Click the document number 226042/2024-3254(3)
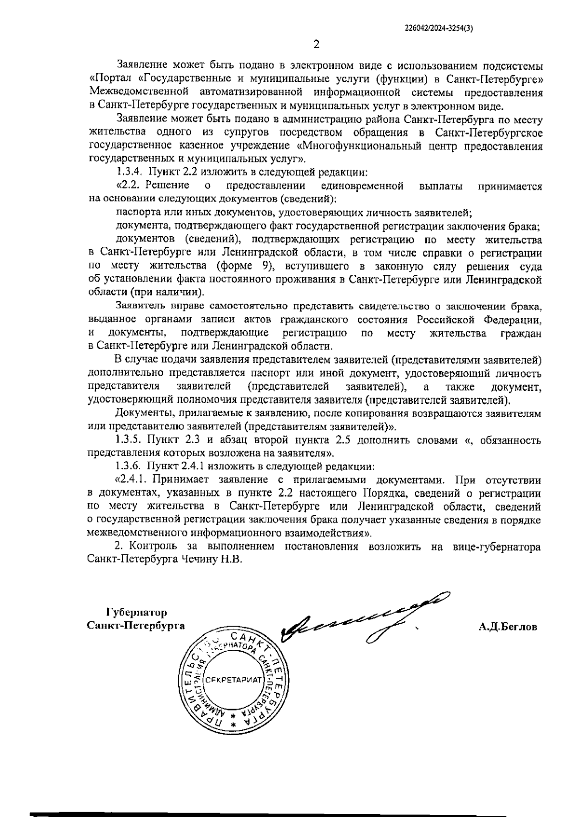[x=438, y=28]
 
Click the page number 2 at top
[x=316, y=45]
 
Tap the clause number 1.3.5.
[x=130, y=440]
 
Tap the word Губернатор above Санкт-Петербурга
[x=137, y=613]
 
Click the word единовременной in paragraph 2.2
[x=361, y=186]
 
